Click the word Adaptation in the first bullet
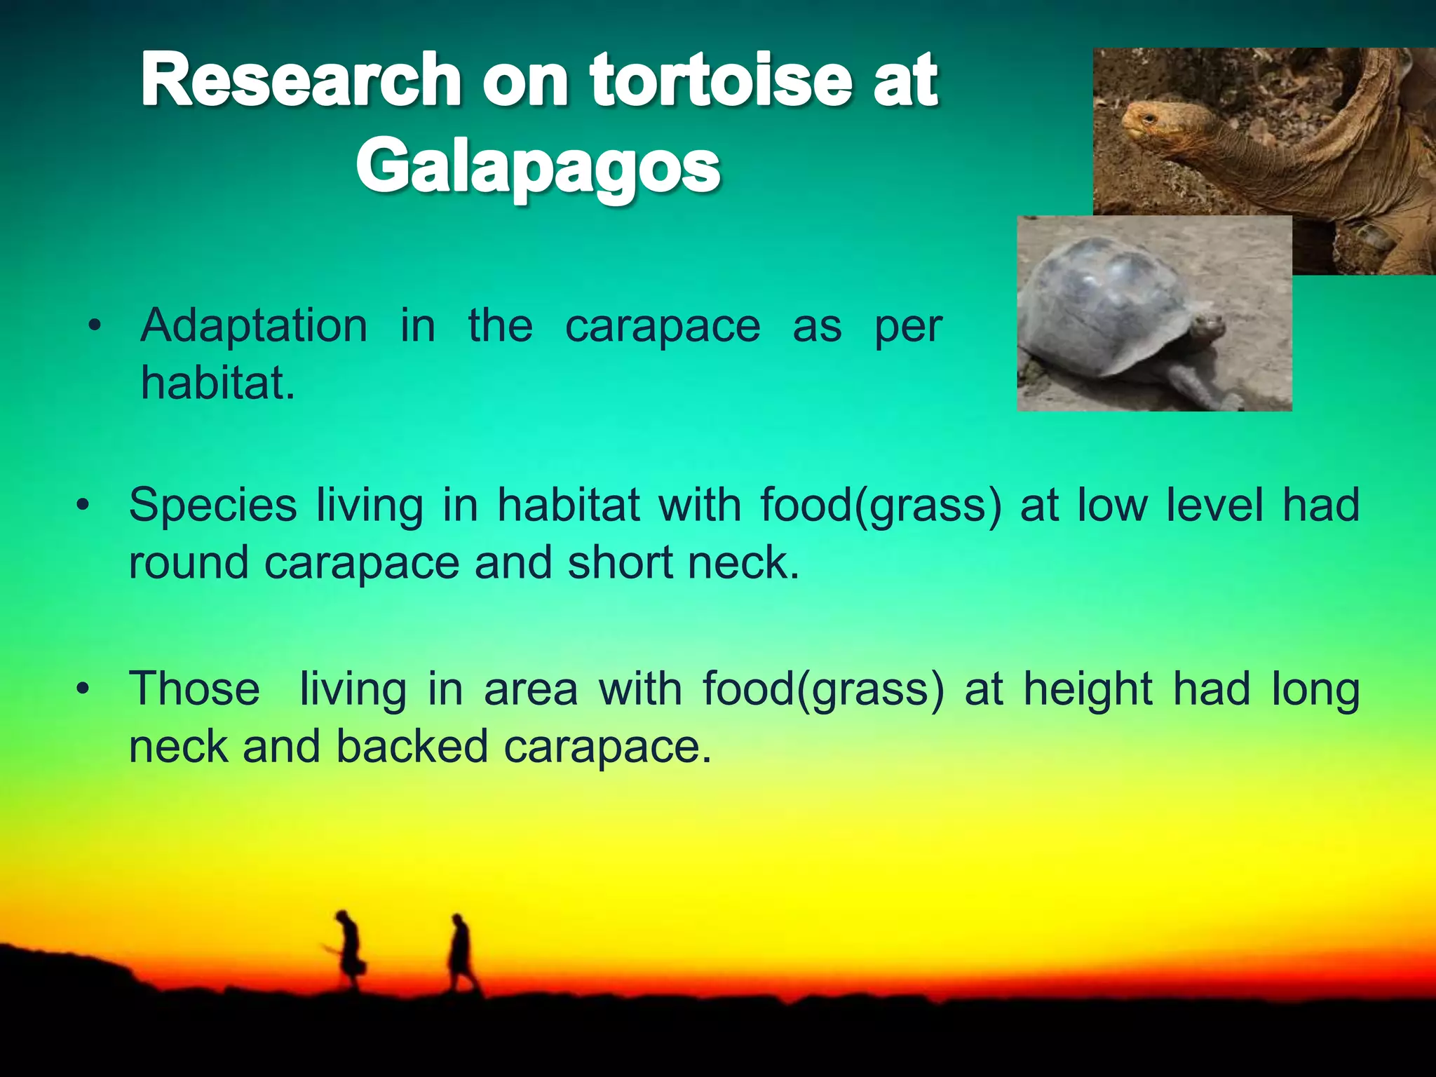254,326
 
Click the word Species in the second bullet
212,505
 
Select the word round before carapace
189,563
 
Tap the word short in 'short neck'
620,563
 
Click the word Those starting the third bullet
194,689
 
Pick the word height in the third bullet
1088,689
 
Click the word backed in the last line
412,746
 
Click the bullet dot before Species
83,505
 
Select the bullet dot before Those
83,689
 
